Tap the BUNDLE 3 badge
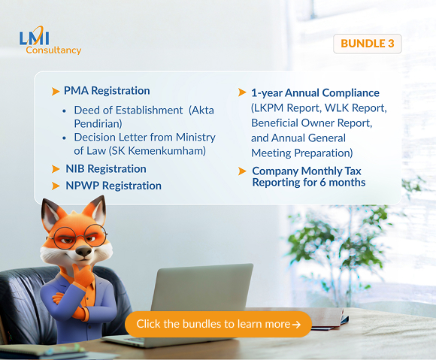point(367,44)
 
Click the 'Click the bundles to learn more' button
point(218,324)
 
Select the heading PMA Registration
point(107,91)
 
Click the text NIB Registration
point(105,169)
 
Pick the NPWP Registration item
point(113,186)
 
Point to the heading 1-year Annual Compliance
point(315,93)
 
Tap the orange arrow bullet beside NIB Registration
point(56,169)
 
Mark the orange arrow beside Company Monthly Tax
point(242,171)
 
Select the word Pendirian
point(98,123)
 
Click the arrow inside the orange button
point(296,325)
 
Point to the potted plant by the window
point(353,241)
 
